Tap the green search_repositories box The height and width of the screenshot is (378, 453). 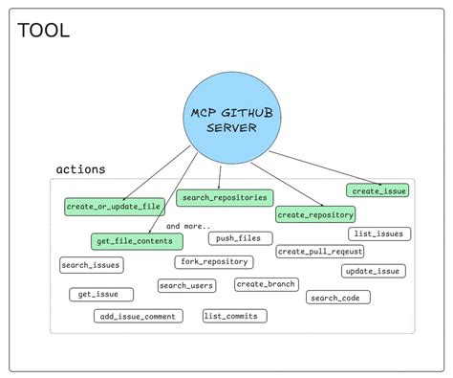[x=225, y=198]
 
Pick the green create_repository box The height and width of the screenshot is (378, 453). [x=315, y=214]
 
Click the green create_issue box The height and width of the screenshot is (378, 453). [x=377, y=190]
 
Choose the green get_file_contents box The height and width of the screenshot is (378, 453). [x=132, y=240]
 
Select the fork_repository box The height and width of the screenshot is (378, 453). [x=213, y=261]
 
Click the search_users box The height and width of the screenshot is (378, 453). [x=186, y=285]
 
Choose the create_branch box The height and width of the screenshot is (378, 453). [x=267, y=284]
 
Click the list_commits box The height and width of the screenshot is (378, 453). [x=235, y=316]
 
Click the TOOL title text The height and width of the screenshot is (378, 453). [x=44, y=30]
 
